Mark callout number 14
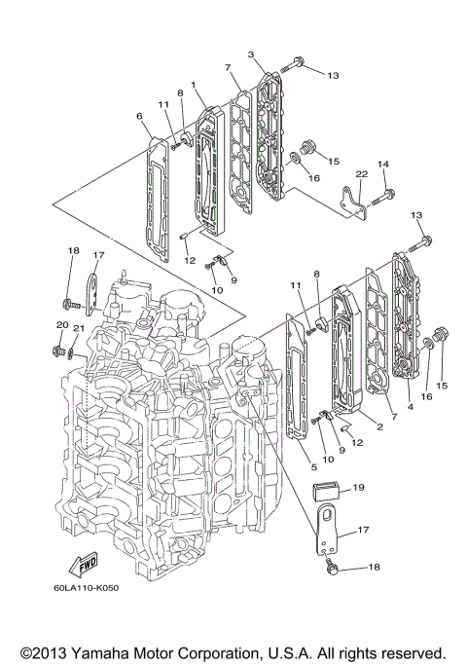pyautogui.click(x=382, y=165)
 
